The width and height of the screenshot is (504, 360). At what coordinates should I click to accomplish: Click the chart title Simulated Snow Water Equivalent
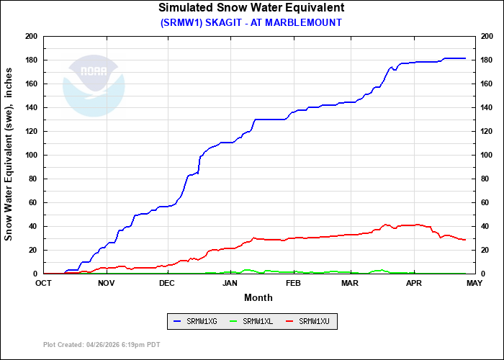pyautogui.click(x=251, y=8)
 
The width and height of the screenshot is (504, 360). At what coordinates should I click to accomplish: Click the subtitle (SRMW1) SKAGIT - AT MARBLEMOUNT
pyautogui.click(x=251, y=22)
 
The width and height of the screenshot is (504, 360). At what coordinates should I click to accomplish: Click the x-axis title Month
pyautogui.click(x=258, y=297)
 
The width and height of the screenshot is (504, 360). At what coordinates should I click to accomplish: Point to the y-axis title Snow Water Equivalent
pyautogui.click(x=9, y=155)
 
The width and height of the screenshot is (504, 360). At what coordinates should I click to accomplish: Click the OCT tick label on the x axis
pyautogui.click(x=44, y=283)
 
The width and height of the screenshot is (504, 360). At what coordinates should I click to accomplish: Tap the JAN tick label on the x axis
pyautogui.click(x=230, y=283)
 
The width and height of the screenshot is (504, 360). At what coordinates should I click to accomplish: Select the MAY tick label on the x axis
pyautogui.click(x=474, y=283)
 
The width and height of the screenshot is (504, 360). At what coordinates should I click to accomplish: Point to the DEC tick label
pyautogui.click(x=167, y=283)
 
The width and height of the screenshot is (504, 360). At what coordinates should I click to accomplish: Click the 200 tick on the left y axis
pyautogui.click(x=31, y=36)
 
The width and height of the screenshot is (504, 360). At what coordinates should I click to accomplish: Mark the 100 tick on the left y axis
pyautogui.click(x=31, y=155)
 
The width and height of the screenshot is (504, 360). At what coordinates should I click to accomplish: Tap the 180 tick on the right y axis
pyautogui.click(x=487, y=60)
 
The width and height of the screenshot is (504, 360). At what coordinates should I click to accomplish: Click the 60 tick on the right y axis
pyautogui.click(x=485, y=202)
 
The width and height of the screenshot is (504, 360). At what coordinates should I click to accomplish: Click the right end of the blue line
pyautogui.click(x=466, y=58)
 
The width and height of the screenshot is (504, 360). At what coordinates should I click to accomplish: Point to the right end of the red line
pyautogui.click(x=466, y=240)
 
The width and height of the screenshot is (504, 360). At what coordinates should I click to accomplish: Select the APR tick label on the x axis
pyautogui.click(x=414, y=283)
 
